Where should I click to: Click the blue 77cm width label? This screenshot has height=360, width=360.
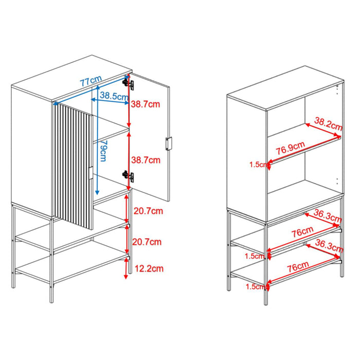tap(91, 81)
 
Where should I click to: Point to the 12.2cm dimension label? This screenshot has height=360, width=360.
tap(149, 268)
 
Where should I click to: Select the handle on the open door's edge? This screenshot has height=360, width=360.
tap(168, 143)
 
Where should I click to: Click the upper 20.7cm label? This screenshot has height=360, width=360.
tap(149, 210)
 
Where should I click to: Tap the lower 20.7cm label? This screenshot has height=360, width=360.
tap(149, 241)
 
